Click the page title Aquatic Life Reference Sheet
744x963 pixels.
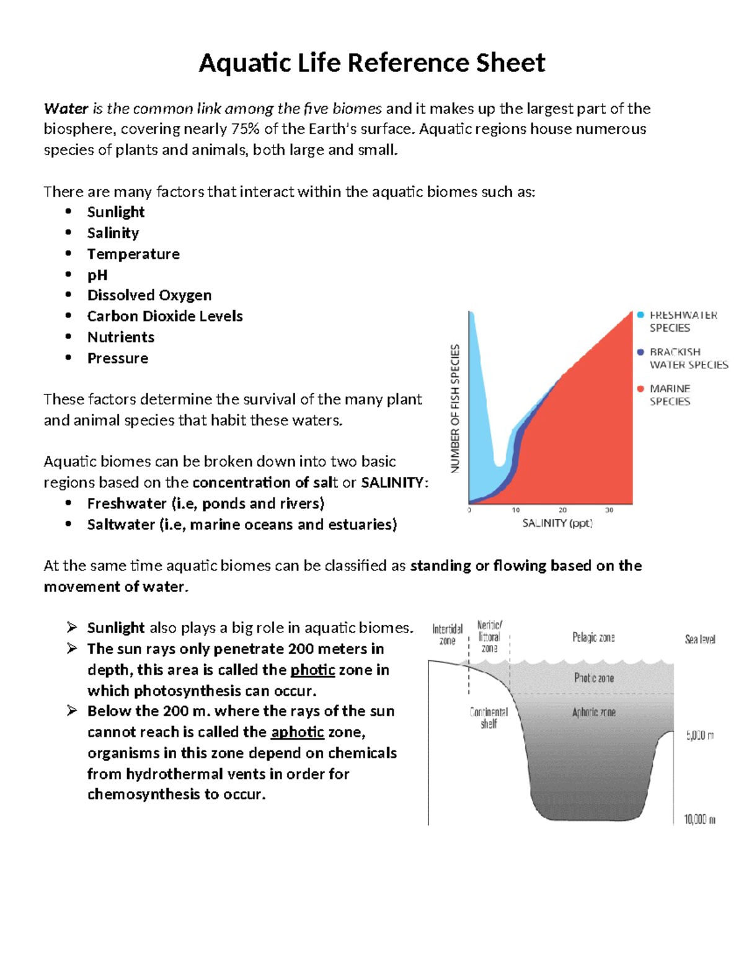(x=371, y=63)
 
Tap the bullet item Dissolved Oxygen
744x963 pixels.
(x=149, y=295)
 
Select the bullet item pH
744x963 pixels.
(x=97, y=275)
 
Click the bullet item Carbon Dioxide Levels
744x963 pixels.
(x=164, y=316)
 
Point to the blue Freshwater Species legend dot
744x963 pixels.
(x=640, y=315)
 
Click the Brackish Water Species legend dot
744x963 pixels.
(x=640, y=352)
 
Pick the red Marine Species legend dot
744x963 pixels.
(x=640, y=389)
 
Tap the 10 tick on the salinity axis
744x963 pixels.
(x=516, y=510)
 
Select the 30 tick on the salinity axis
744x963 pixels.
(x=609, y=510)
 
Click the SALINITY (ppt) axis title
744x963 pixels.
(x=557, y=523)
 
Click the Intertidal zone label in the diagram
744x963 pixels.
(x=448, y=634)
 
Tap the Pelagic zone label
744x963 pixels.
(x=593, y=637)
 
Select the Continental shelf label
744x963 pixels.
(x=489, y=717)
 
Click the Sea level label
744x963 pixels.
(x=700, y=639)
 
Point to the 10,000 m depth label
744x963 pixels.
(x=699, y=820)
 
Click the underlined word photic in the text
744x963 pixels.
(x=312, y=670)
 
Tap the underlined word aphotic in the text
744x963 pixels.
(x=297, y=732)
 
